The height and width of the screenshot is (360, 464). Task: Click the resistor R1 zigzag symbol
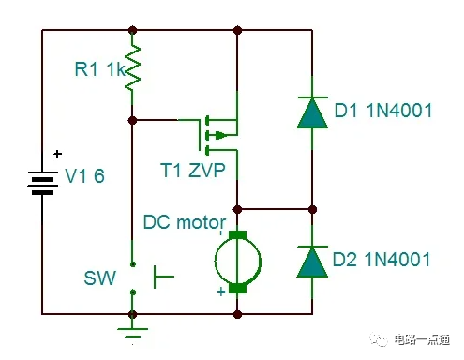point(133,67)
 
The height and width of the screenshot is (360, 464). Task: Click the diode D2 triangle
point(312,260)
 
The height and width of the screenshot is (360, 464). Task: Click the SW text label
point(97,278)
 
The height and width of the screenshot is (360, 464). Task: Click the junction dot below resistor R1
point(133,120)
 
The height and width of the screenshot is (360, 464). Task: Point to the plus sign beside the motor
point(221,292)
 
